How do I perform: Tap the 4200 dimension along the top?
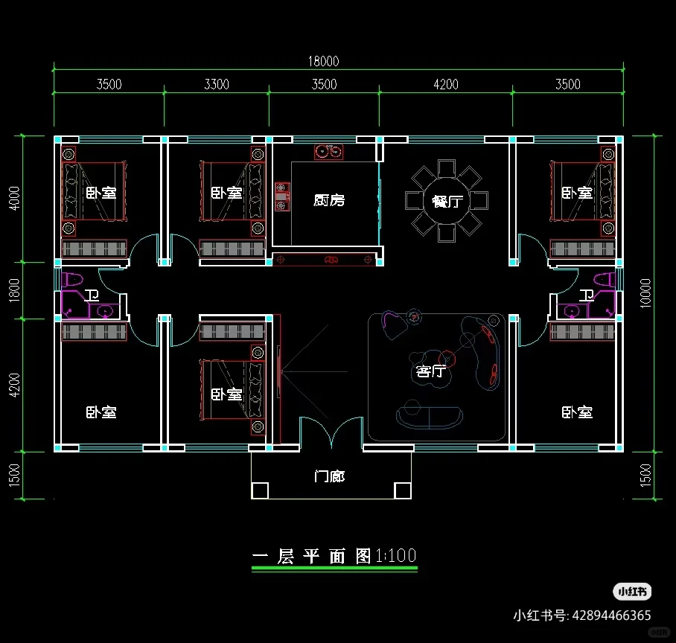click(x=445, y=84)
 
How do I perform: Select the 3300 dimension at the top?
click(x=216, y=84)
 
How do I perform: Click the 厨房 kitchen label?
click(x=329, y=200)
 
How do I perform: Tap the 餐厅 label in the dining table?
click(x=446, y=201)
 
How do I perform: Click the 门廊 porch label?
click(x=329, y=476)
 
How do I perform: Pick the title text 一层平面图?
click(x=312, y=557)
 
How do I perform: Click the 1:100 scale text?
click(x=396, y=556)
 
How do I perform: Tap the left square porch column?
click(x=260, y=490)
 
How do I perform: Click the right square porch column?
click(x=402, y=490)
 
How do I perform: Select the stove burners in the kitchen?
click(x=328, y=152)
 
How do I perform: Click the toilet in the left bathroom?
click(x=72, y=281)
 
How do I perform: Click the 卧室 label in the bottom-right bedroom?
click(x=577, y=412)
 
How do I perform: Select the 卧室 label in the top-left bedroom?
click(x=101, y=193)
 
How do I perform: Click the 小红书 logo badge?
click(x=632, y=592)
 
